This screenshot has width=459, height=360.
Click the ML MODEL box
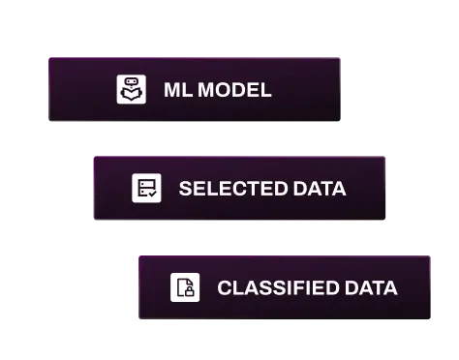tap(194, 89)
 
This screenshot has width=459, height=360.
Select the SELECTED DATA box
tap(239, 188)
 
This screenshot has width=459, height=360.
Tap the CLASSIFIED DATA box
tap(283, 287)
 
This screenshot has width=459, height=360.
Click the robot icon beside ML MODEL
tap(131, 90)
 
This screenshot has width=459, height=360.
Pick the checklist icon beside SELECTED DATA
tap(146, 188)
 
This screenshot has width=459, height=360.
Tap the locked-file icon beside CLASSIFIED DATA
tap(185, 287)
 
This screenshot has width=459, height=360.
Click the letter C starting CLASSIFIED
tap(223, 288)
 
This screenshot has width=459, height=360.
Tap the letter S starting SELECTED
tap(183, 189)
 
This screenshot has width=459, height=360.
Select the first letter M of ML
tap(170, 91)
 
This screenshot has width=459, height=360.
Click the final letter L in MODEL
tap(266, 91)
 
